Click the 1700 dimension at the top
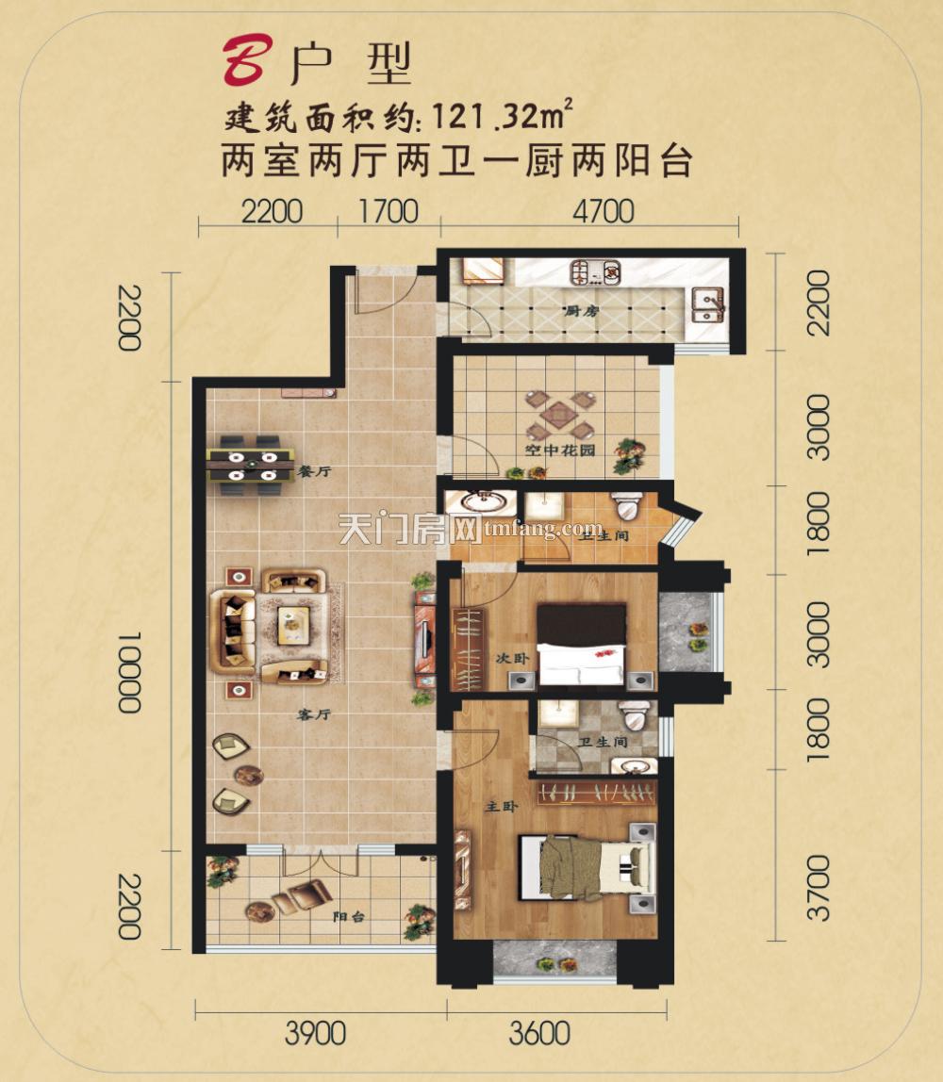point(389,211)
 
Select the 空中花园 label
point(549,451)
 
